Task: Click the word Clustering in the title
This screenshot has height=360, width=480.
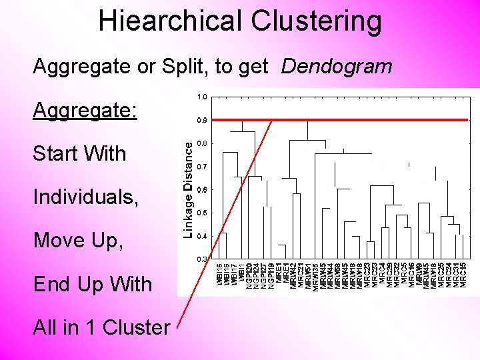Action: (x=317, y=21)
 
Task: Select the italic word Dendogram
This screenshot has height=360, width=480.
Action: (x=337, y=66)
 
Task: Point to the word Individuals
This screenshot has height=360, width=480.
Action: (x=86, y=197)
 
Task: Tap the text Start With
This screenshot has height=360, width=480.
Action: (x=79, y=153)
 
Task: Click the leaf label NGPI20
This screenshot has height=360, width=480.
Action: (x=249, y=275)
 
